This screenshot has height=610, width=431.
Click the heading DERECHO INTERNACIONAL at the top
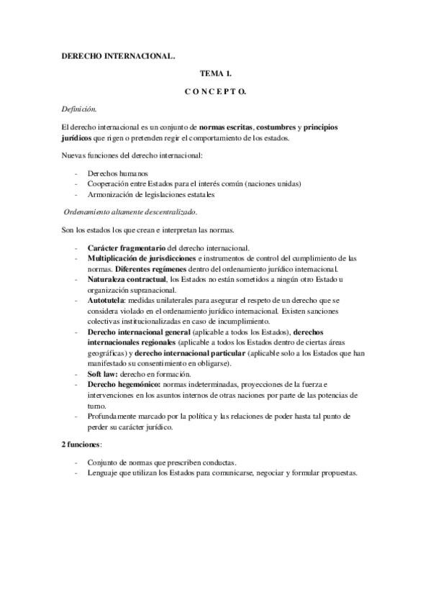(117, 55)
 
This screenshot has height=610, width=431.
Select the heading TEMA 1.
(215, 74)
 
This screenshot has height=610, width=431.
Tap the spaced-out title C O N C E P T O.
(215, 92)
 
